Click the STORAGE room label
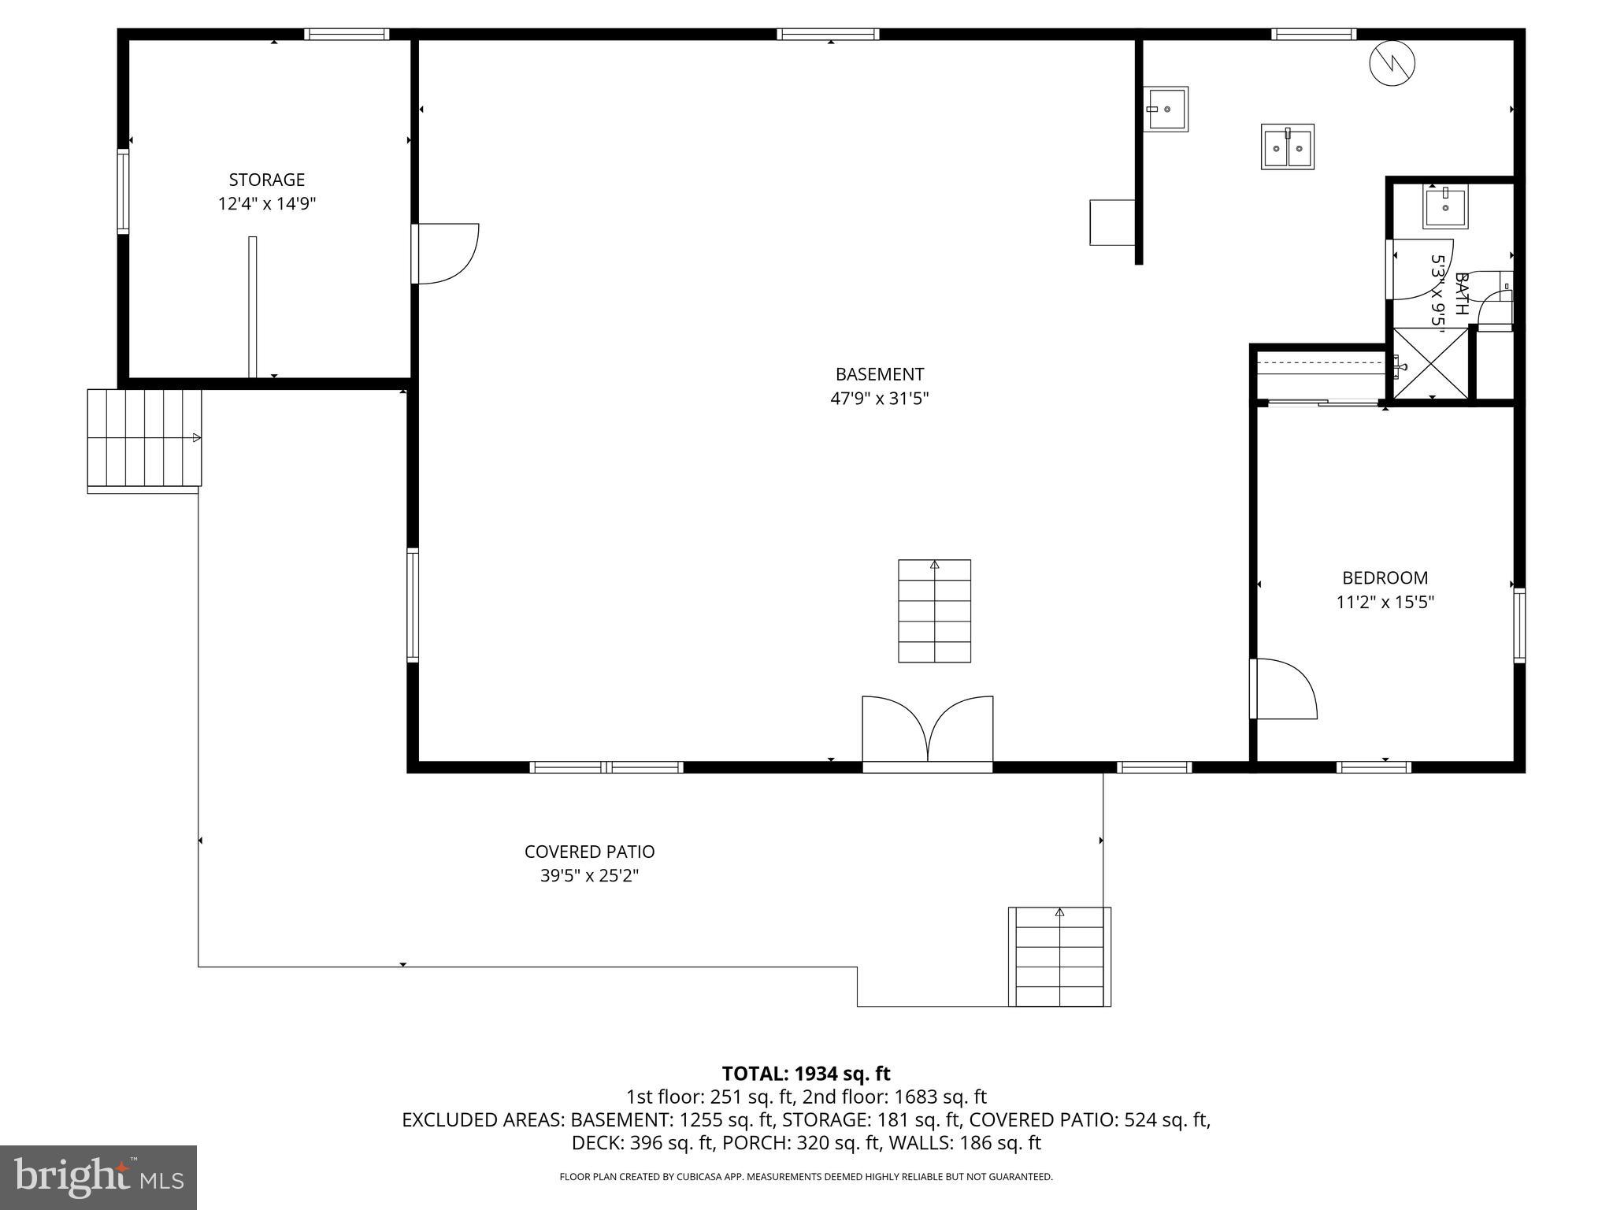pyautogui.click(x=266, y=180)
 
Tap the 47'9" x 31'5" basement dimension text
pyautogui.click(x=879, y=399)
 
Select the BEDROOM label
pyautogui.click(x=1385, y=577)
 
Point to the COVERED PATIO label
pyautogui.click(x=589, y=852)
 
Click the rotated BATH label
pyautogui.click(x=1461, y=294)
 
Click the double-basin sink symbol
pyautogui.click(x=1287, y=147)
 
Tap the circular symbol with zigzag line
pyautogui.click(x=1392, y=63)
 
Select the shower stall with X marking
pyautogui.click(x=1430, y=364)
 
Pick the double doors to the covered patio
pyautogui.click(x=927, y=729)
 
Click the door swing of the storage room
pyautogui.click(x=445, y=254)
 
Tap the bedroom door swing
pyautogui.click(x=1284, y=689)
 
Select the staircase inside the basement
pyautogui.click(x=934, y=611)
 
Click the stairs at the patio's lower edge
pyautogui.click(x=1059, y=957)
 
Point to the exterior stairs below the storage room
pyautogui.click(x=144, y=438)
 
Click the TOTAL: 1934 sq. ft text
pyautogui.click(x=806, y=1073)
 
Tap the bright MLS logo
pyautogui.click(x=98, y=1177)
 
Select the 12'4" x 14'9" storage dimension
pyautogui.click(x=266, y=204)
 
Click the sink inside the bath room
pyautogui.click(x=1445, y=207)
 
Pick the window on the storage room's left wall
pyautogui.click(x=123, y=191)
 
